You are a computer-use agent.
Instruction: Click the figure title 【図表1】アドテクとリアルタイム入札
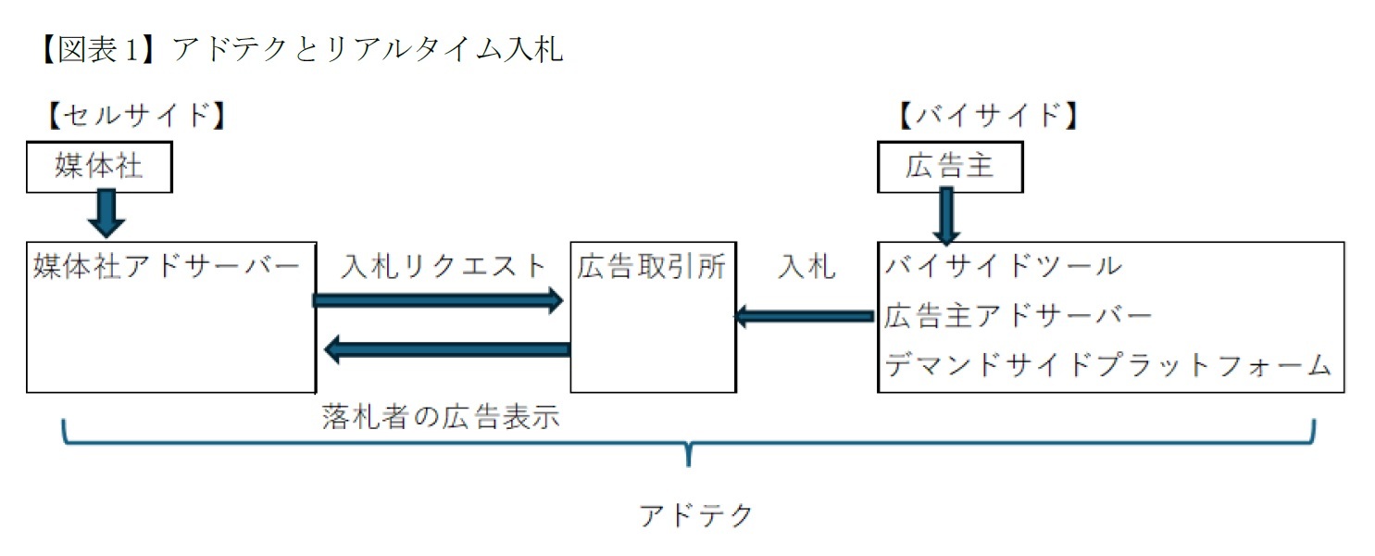pos(296,48)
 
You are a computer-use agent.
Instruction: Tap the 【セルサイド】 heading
pos(135,116)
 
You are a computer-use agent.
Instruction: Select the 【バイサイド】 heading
pos(987,116)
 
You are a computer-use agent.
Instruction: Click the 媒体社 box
pos(99,167)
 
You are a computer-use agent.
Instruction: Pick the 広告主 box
pos(949,167)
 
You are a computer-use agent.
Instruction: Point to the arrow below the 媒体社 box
pos(106,214)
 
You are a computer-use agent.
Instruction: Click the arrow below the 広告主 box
pos(946,216)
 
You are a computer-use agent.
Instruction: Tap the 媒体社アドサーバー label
pos(167,267)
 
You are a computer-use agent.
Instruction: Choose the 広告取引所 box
pos(653,315)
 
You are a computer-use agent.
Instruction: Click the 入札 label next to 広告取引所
pos(806,267)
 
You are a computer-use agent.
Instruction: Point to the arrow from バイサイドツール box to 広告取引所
pos(805,317)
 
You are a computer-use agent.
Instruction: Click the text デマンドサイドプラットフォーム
pos(1107,365)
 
